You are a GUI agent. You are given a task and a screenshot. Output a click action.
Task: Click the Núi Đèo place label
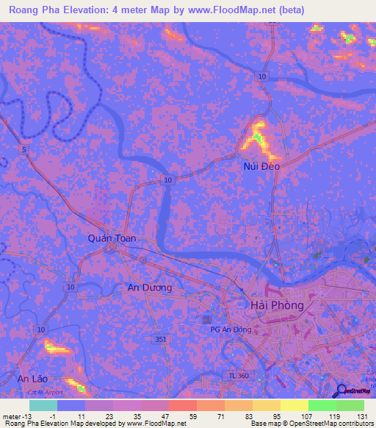coord(262,166)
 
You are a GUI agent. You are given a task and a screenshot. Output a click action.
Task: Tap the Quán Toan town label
coord(112,238)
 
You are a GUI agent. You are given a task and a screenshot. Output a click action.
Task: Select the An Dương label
coord(150,288)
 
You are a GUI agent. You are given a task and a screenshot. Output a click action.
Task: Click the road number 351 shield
coord(161,339)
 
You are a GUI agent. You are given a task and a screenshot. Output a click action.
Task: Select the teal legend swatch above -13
coord(43,405)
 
